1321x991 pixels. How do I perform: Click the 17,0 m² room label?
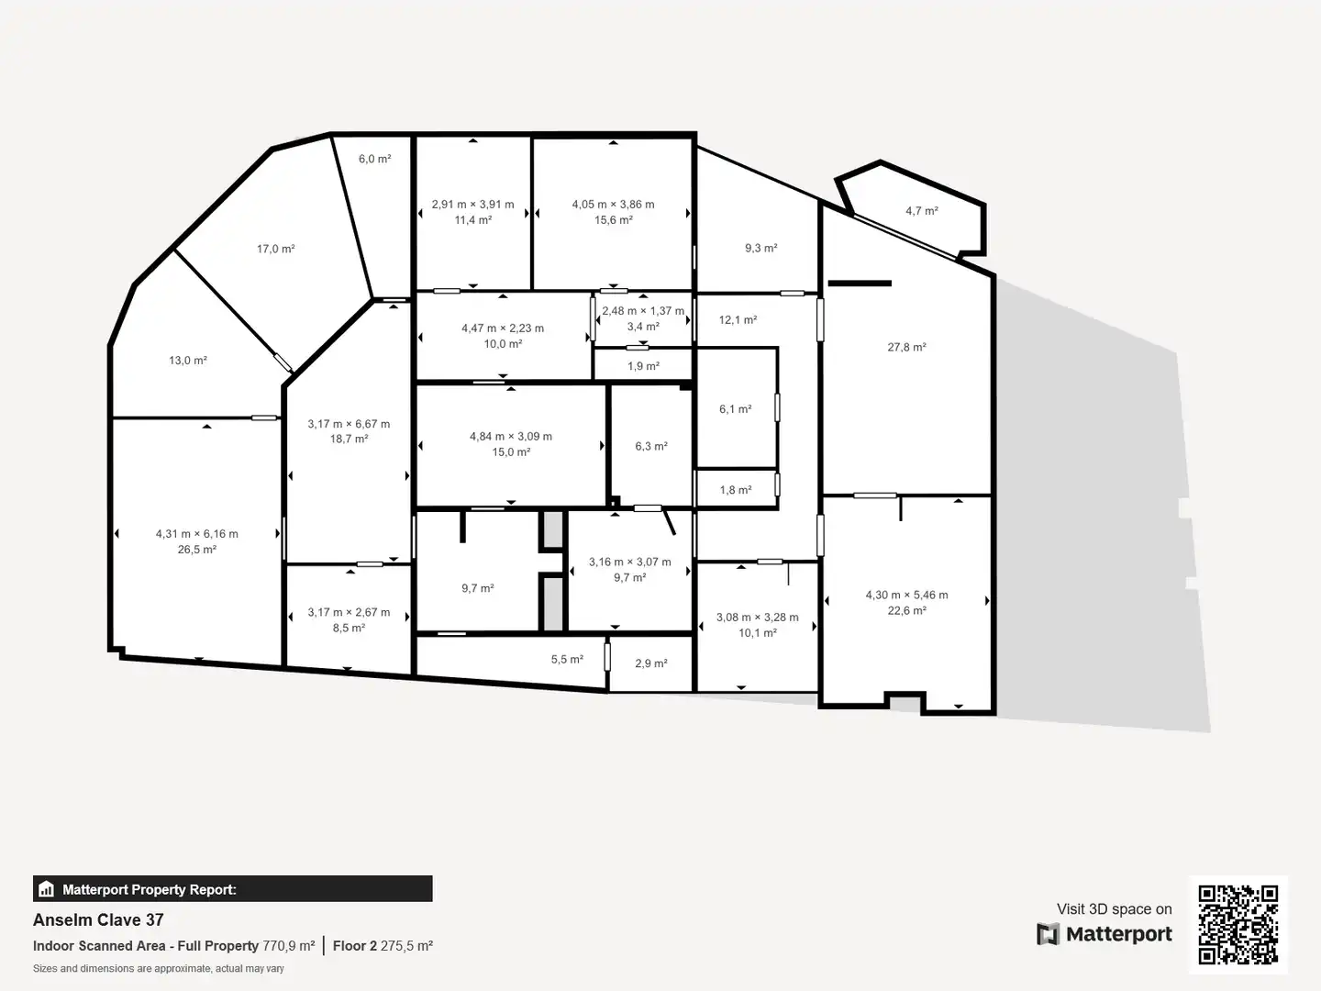(275, 249)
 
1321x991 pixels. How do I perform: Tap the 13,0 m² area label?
(188, 361)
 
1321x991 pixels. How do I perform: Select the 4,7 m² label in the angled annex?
(922, 211)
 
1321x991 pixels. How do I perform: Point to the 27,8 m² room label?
(906, 347)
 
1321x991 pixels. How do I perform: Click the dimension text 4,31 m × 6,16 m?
(197, 534)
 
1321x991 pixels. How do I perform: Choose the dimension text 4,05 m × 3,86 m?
(614, 204)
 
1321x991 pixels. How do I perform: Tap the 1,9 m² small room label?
(643, 366)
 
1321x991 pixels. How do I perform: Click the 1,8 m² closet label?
(736, 490)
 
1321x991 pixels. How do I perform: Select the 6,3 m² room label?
(651, 446)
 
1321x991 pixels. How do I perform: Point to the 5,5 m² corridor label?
(567, 659)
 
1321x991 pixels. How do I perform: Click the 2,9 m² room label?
(651, 663)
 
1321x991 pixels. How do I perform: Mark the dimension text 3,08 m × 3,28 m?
(757, 618)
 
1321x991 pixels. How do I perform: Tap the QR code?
(1238, 924)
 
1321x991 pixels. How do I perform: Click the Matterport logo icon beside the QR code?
(1048, 934)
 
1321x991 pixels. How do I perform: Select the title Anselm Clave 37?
(98, 920)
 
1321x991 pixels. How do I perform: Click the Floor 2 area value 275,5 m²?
(406, 946)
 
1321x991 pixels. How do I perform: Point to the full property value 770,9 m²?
(289, 946)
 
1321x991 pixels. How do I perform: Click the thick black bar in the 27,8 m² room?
(860, 283)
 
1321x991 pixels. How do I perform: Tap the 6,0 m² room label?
(375, 159)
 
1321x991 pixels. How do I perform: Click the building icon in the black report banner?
(47, 889)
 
